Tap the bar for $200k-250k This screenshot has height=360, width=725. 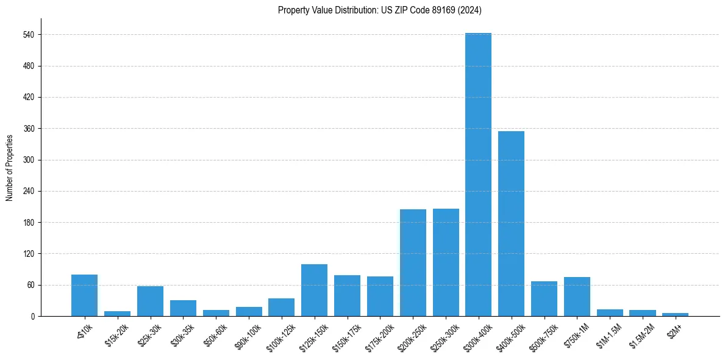point(413,262)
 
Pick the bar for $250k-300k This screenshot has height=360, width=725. point(446,262)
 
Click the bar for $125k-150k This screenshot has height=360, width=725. point(314,290)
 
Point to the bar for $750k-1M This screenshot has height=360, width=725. point(577,297)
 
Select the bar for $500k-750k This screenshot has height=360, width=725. point(544,298)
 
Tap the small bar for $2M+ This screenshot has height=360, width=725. point(675,314)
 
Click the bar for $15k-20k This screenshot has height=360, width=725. point(117,314)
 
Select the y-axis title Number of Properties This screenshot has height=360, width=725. point(9,167)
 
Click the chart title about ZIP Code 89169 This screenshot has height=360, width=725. point(380,10)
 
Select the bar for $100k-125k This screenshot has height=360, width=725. point(281,307)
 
